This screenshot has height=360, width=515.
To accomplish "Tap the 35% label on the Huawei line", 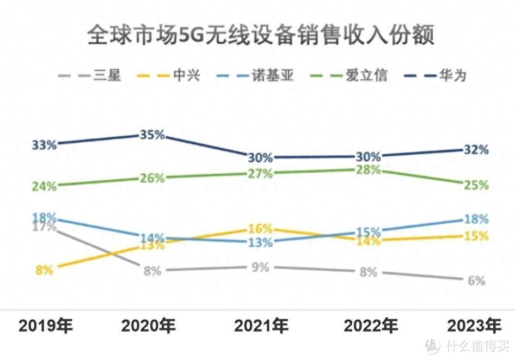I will (151, 135).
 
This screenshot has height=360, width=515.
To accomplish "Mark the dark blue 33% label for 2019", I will (44, 145).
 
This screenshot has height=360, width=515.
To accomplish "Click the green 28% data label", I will (369, 170).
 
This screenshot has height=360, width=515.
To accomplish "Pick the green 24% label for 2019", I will (44, 186).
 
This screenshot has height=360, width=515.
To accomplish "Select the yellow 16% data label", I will (260, 229).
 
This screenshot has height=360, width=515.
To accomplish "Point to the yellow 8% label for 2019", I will (44, 270).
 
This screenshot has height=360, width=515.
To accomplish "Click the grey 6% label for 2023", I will (476, 281).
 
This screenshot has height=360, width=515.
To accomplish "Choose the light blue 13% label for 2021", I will (260, 243).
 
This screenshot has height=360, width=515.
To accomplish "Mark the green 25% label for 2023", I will (476, 185).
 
